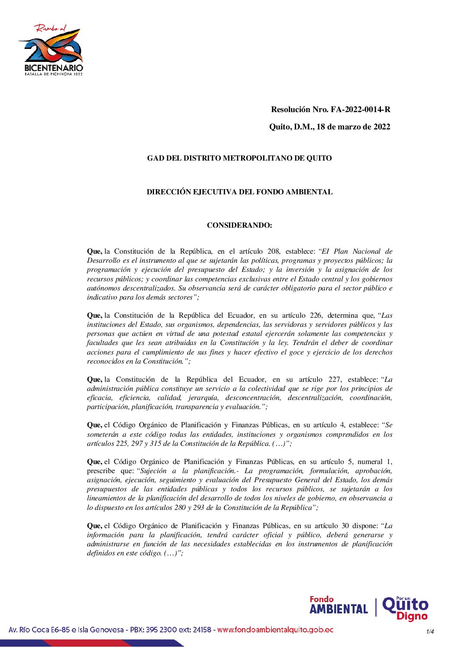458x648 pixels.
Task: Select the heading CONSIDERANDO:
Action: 239,225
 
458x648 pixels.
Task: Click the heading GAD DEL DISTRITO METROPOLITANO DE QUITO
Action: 239,158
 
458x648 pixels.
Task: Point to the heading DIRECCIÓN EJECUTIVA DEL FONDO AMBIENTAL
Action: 239,192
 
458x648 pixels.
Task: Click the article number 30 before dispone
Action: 345,526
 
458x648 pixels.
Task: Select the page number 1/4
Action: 430,632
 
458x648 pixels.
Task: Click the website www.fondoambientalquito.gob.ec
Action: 275,630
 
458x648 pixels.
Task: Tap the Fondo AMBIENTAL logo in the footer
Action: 339,606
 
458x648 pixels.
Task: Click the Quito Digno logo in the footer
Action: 406,608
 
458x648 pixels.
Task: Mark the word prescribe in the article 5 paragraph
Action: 101,471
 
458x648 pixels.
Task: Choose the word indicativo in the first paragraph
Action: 102,297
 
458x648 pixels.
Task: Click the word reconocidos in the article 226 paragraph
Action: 105,361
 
